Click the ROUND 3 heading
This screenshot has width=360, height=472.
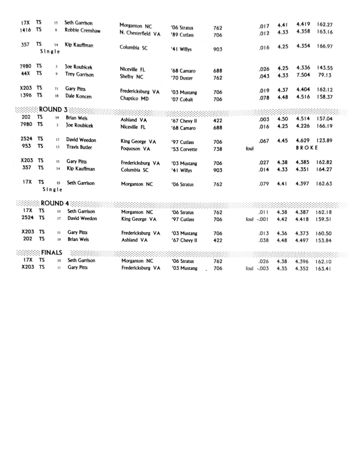(53, 110)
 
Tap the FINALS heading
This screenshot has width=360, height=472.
(52, 253)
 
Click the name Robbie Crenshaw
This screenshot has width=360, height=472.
(82, 31)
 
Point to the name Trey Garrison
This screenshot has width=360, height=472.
(79, 74)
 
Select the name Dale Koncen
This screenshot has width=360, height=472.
(78, 96)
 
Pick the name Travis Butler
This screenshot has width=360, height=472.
(79, 147)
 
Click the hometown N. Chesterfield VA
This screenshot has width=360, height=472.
(140, 34)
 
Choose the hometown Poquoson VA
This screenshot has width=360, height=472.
(136, 149)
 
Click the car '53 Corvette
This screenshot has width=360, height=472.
(184, 149)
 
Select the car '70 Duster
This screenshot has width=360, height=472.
(182, 78)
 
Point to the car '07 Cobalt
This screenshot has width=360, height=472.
(182, 99)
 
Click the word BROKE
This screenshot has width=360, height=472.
(307, 148)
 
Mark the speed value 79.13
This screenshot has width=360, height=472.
(325, 75)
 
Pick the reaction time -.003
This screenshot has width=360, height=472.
(263, 268)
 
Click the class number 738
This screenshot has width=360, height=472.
(218, 149)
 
